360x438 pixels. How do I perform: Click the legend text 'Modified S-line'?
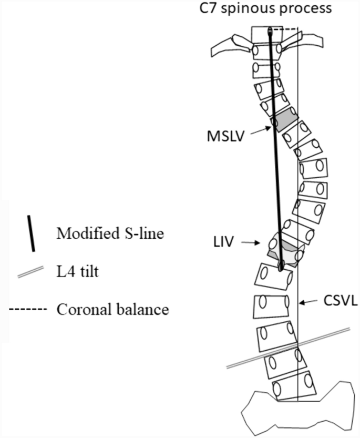tap(109, 233)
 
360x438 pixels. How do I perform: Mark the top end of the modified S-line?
tap(270, 30)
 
